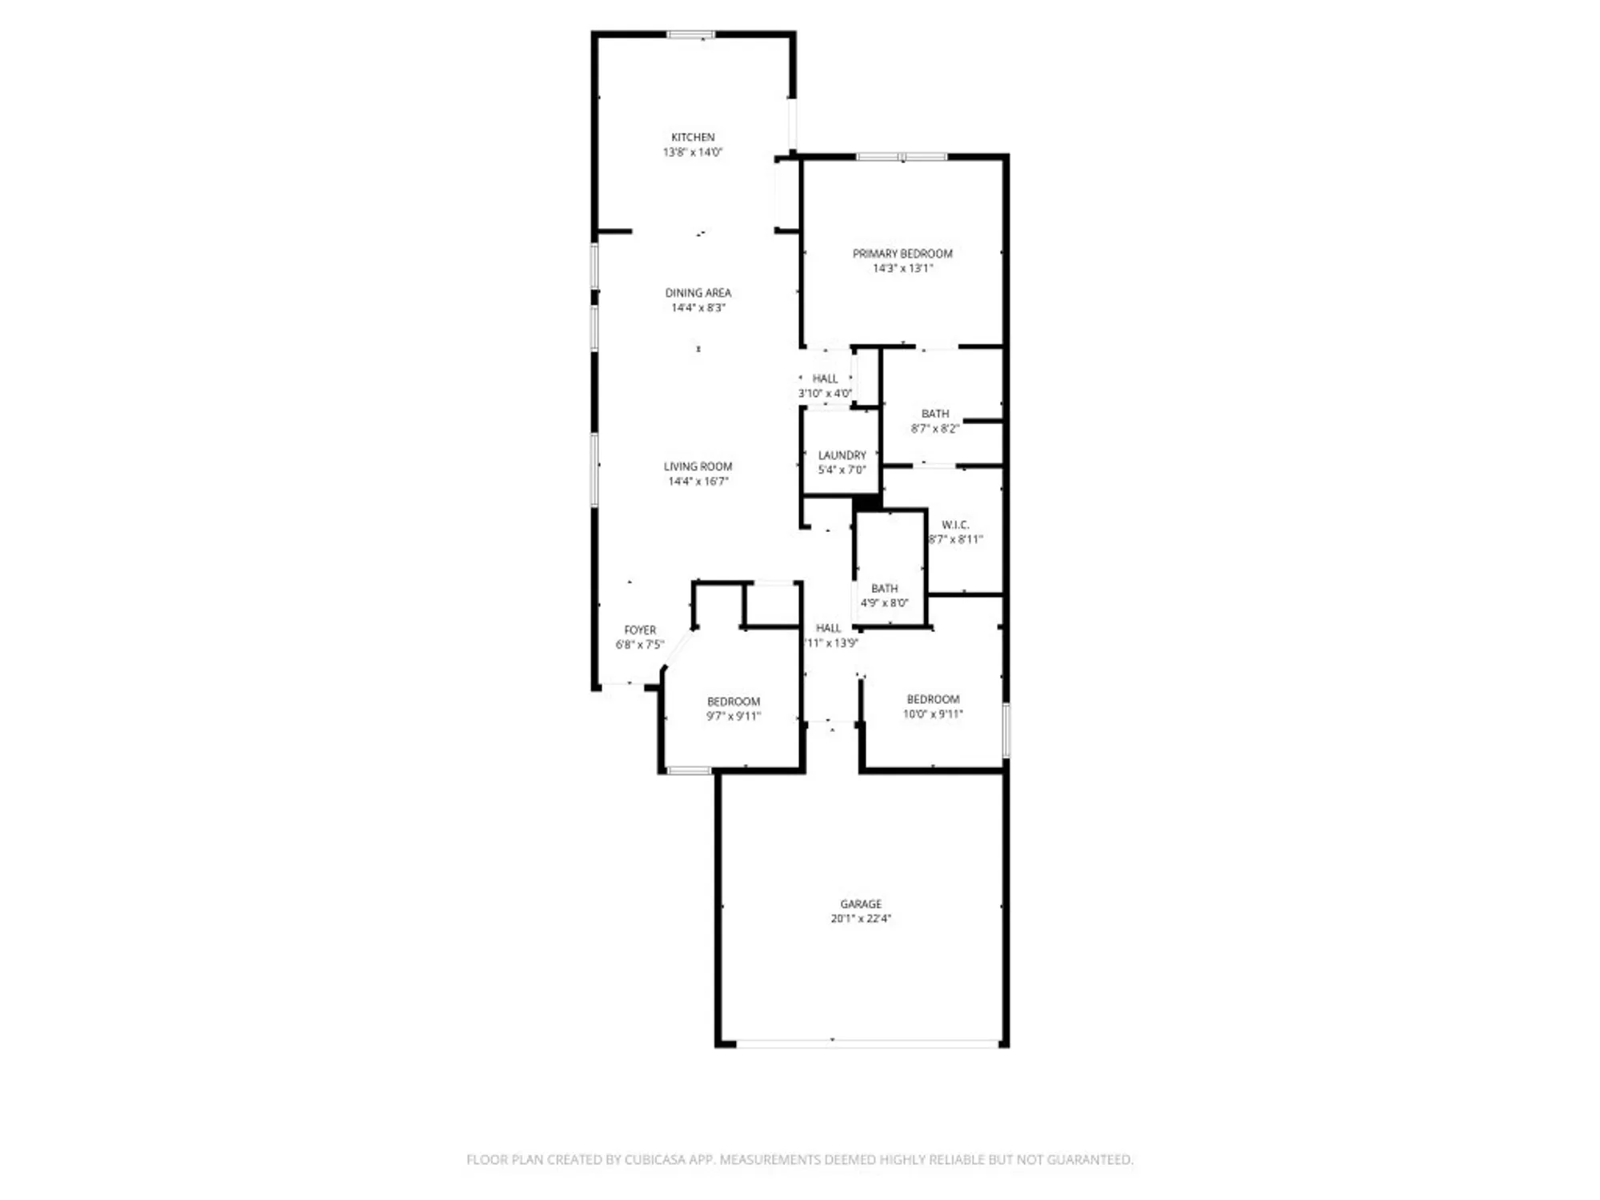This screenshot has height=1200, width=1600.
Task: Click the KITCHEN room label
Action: point(693,138)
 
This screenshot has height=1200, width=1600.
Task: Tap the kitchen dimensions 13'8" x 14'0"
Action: point(693,152)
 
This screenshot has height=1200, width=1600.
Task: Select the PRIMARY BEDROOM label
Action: point(902,254)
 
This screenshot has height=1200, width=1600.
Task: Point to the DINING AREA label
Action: point(698,293)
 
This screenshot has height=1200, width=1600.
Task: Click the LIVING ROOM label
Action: point(698,466)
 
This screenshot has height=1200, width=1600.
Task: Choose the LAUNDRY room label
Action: point(842,455)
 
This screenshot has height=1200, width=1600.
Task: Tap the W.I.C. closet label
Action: point(955,525)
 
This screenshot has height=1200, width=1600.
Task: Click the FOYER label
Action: point(640,630)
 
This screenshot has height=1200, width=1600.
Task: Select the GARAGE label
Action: point(861,904)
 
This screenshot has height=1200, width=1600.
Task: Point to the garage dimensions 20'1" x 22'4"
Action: point(861,918)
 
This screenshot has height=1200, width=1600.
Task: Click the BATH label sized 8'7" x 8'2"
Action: point(935,414)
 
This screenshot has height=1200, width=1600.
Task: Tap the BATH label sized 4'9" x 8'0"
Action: point(884,588)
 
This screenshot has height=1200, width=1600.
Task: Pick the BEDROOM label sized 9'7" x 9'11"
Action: point(733,702)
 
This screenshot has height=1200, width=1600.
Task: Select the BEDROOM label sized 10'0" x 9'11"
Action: point(933,699)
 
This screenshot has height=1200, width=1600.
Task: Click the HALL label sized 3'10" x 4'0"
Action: point(825,378)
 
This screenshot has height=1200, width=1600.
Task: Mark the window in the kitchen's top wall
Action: point(691,34)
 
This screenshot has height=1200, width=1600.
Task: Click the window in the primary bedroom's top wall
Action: point(902,157)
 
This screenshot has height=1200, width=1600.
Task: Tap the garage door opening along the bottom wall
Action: point(867,1043)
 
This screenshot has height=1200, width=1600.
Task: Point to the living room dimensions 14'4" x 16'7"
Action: point(698,481)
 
